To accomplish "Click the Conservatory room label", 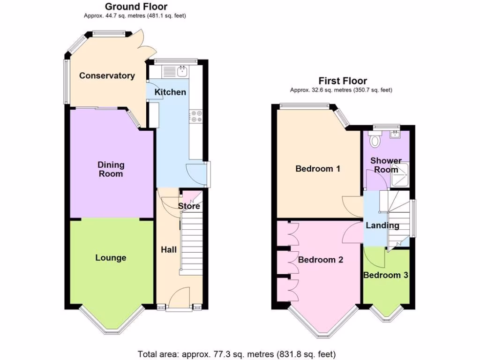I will point(107,76).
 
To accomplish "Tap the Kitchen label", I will point(170,92).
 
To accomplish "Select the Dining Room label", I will point(111,169).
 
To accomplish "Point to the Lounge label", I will point(111,258).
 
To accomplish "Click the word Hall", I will point(169,249).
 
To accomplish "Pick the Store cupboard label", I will point(189,206).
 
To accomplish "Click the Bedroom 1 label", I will point(317,169).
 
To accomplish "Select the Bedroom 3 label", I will point(386,275).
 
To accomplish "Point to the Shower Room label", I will point(386,165).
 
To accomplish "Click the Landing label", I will point(382,225).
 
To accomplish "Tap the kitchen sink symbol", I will point(181,72).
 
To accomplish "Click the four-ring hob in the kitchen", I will point(195,116).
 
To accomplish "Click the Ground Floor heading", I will point(136,7).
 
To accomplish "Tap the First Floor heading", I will point(343,81).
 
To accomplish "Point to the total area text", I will point(236,354).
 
